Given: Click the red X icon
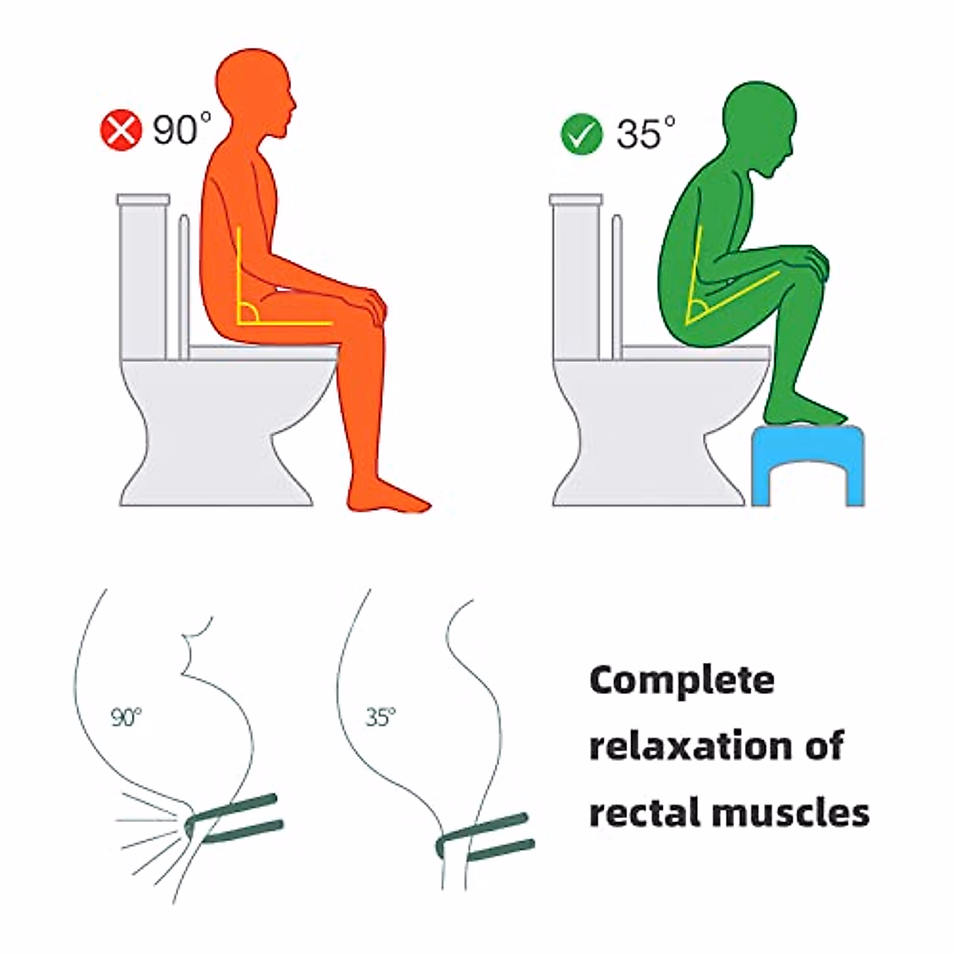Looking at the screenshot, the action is click(121, 130).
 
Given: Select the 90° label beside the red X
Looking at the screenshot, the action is click(182, 129).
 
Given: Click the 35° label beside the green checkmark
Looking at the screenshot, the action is click(645, 133).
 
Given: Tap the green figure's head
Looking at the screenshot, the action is click(758, 127).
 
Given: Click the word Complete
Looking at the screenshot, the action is click(682, 680).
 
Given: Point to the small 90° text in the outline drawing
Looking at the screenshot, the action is click(126, 717).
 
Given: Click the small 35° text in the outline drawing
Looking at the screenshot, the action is click(380, 717).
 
